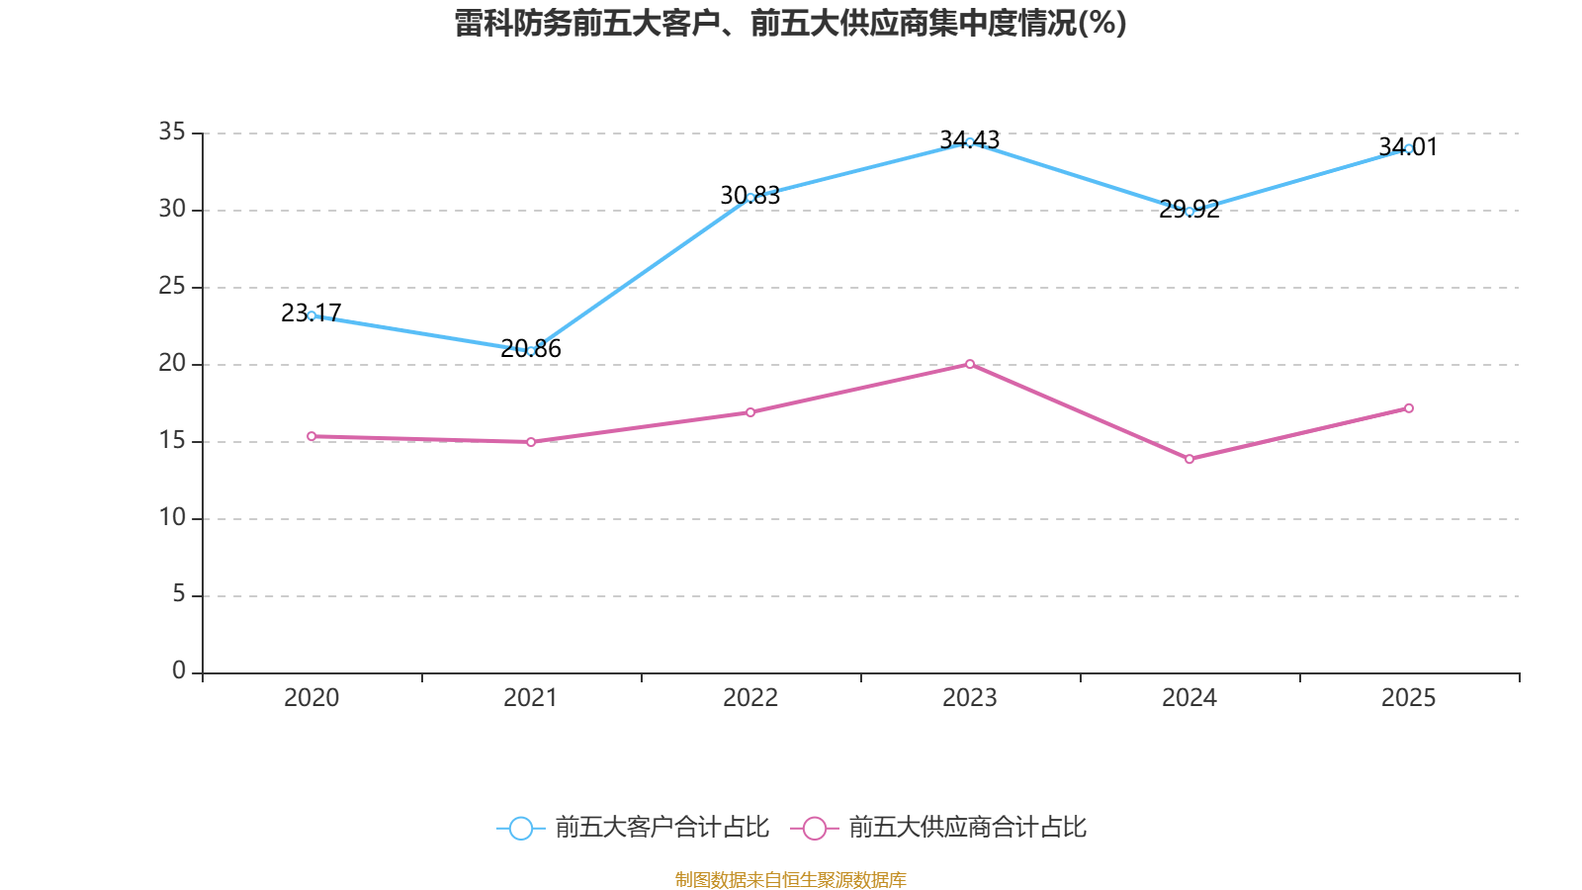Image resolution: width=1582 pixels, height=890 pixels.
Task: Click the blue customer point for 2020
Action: click(311, 315)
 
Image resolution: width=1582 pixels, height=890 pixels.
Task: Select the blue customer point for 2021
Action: click(531, 351)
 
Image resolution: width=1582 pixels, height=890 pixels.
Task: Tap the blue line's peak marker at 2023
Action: click(970, 142)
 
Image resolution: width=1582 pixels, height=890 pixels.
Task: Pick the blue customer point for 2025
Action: click(1409, 148)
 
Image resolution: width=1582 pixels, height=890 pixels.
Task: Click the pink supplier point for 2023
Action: click(970, 364)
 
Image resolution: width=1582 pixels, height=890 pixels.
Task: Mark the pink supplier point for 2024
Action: click(1189, 459)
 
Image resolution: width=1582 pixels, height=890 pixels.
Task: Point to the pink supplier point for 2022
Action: click(750, 412)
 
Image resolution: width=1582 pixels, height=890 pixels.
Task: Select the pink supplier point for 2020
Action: click(311, 436)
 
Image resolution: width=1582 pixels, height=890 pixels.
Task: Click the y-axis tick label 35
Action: click(172, 132)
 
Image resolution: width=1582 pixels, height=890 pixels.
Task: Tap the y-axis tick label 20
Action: click(172, 363)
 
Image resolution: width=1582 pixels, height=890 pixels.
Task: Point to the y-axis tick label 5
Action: click(179, 593)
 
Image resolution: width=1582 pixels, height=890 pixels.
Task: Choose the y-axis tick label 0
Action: click(179, 670)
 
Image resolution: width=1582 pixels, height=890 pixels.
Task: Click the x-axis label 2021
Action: click(531, 698)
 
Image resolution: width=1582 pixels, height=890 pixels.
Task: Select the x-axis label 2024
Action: click(1189, 698)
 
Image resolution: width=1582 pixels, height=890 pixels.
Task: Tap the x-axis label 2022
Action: click(750, 698)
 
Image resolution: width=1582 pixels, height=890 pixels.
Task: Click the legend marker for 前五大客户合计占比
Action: click(521, 828)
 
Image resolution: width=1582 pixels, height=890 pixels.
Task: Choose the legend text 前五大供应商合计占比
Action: click(967, 828)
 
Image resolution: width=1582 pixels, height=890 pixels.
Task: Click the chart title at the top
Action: click(791, 23)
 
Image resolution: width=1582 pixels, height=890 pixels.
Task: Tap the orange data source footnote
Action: click(791, 879)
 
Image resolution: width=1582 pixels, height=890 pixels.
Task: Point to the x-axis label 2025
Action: click(1409, 698)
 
